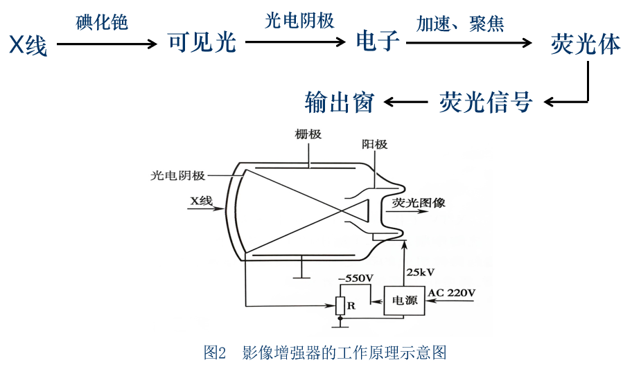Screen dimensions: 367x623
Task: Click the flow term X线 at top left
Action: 28,45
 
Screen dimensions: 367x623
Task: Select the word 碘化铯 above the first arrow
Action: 102,22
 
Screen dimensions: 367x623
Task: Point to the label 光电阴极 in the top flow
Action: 299,21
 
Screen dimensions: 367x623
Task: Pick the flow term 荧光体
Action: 586,44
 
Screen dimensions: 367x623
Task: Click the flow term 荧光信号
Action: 486,102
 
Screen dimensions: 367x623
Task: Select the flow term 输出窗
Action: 340,102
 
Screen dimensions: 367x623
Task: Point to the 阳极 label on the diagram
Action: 374,145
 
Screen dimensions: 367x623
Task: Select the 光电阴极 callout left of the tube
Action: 177,175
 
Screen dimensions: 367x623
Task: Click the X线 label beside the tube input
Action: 201,202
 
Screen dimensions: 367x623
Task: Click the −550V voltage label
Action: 356,278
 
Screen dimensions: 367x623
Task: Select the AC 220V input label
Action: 452,293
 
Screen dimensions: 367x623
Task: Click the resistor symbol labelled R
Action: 340,305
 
